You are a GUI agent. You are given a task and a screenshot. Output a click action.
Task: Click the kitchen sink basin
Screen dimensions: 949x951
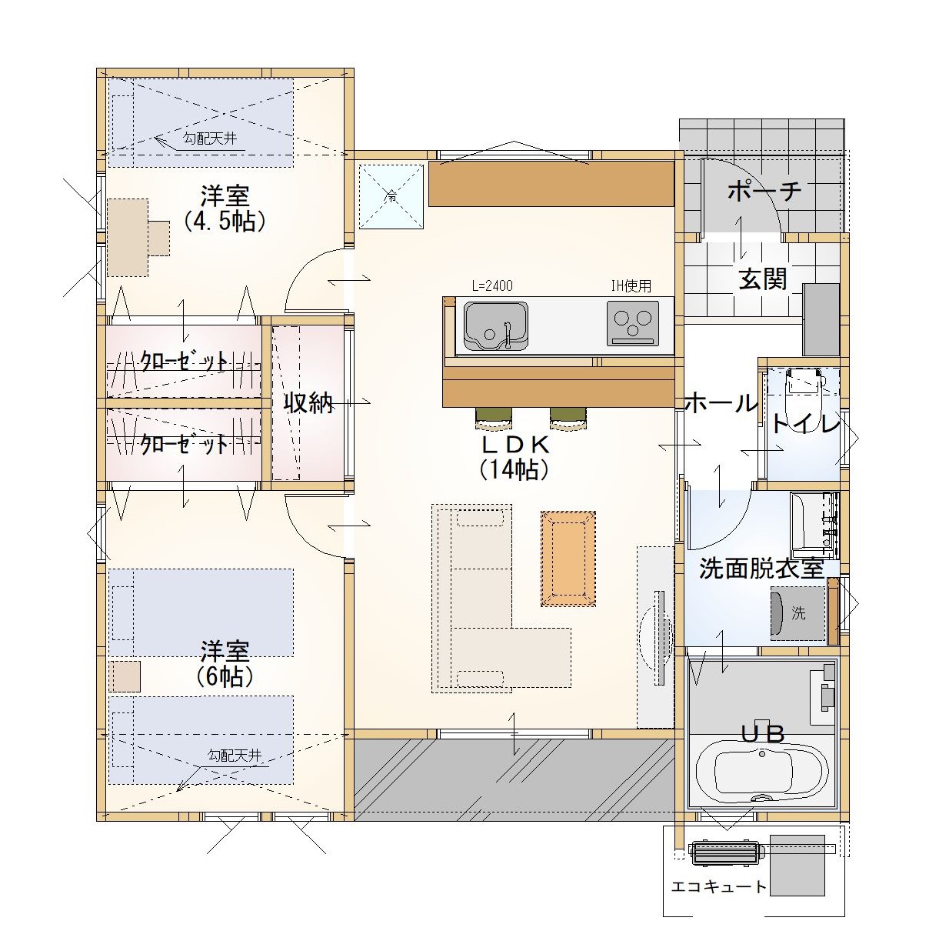click(x=496, y=326)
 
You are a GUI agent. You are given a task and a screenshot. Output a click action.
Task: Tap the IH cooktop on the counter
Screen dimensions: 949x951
click(x=633, y=323)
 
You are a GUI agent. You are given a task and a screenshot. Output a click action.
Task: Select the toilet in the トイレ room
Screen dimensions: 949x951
click(x=804, y=388)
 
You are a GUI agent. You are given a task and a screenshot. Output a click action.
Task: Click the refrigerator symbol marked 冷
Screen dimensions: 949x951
click(x=391, y=197)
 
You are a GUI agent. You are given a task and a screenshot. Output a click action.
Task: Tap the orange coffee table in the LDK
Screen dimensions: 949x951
click(x=568, y=559)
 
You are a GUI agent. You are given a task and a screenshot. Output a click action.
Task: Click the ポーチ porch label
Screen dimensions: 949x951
click(x=764, y=190)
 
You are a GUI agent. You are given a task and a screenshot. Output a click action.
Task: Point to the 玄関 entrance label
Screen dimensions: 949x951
click(x=762, y=279)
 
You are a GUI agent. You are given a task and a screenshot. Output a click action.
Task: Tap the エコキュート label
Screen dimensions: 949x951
click(x=718, y=887)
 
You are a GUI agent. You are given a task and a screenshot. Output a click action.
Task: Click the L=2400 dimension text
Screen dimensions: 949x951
click(x=492, y=285)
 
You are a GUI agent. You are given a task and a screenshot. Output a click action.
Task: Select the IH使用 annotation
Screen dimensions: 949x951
click(x=631, y=285)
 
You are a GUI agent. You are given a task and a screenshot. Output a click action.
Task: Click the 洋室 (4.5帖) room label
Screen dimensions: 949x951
click(x=225, y=209)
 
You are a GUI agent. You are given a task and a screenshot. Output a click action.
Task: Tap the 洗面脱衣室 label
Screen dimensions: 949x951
click(x=761, y=569)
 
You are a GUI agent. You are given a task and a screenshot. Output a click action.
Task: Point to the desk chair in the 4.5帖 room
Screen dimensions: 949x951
click(x=159, y=238)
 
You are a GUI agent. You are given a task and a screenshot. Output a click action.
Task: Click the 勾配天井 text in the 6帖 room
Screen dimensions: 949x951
click(x=235, y=756)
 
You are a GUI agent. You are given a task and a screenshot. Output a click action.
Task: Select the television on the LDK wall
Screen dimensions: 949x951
click(x=659, y=637)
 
